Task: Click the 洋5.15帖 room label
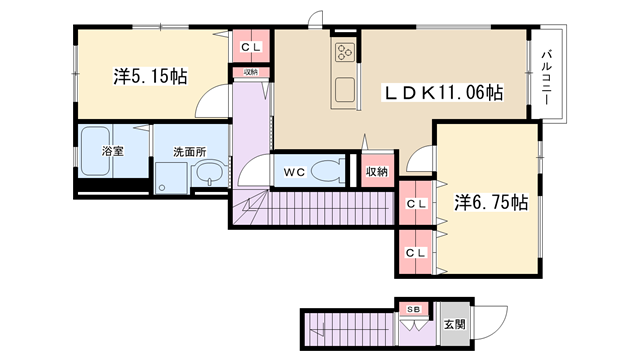[150, 76]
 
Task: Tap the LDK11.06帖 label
[443, 92]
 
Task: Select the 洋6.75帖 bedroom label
[491, 202]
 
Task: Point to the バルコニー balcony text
[547, 77]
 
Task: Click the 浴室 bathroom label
[113, 151]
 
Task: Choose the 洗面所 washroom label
[189, 152]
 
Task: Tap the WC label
[294, 172]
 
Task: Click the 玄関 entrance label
[454, 324]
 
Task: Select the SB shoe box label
[413, 309]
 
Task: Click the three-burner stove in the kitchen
[345, 52]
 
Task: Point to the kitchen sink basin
[345, 90]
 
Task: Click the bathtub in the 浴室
[95, 151]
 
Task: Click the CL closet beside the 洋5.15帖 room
[251, 46]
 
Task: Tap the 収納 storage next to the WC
[377, 171]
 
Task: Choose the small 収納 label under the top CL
[251, 72]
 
